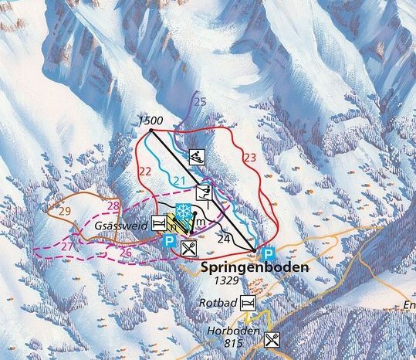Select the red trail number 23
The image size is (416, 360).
click(x=249, y=157)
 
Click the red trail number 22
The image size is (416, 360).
click(x=144, y=171)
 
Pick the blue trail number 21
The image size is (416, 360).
click(x=179, y=181)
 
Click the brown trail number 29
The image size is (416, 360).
click(x=65, y=211)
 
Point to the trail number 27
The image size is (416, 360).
click(x=69, y=246)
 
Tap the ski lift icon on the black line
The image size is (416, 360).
click(x=203, y=192)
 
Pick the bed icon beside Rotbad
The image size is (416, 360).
click(x=249, y=301)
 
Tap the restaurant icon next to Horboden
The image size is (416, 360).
click(x=271, y=338)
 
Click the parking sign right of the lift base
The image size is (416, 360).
click(x=268, y=253)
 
